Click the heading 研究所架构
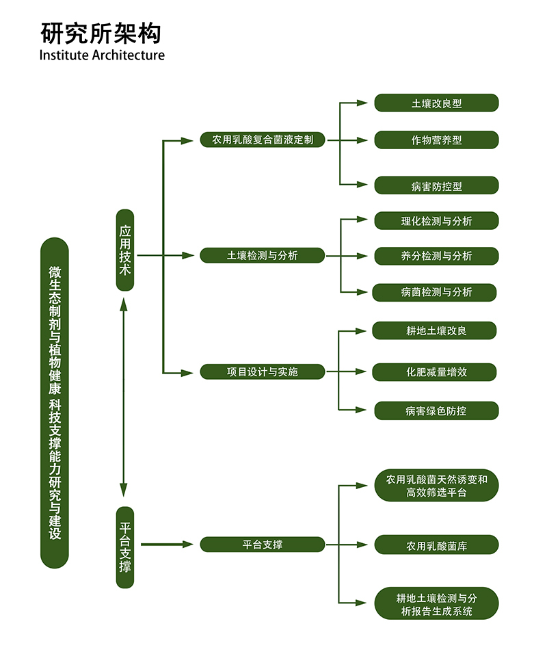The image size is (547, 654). [101, 32]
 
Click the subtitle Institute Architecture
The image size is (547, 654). [102, 55]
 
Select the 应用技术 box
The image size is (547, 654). [125, 250]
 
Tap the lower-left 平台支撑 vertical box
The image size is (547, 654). [125, 547]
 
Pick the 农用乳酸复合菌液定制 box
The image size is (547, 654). [263, 140]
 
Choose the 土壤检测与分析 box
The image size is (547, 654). [263, 256]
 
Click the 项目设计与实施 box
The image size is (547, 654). [263, 371]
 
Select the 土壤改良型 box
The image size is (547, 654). [436, 103]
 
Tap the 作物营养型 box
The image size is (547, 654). [436, 140]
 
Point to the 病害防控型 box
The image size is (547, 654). [436, 185]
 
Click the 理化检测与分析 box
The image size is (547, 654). [436, 220]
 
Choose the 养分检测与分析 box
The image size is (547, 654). [436, 256]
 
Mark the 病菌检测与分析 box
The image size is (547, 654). [435, 292]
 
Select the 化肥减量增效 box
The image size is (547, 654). [435, 372]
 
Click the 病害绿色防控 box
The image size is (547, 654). [436, 410]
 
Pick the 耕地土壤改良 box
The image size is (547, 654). [435, 330]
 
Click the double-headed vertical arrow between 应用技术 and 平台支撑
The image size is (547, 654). [124, 397]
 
